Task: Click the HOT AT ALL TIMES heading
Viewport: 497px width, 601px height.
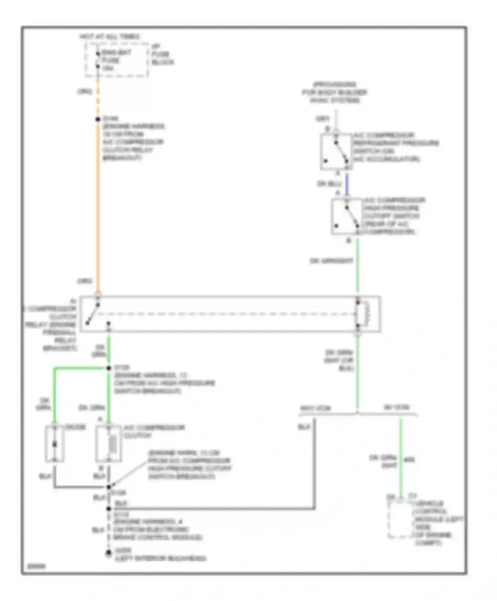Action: [x=110, y=36]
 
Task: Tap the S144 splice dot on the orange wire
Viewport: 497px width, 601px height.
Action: [x=98, y=119]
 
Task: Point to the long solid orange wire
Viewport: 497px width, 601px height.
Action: [x=98, y=205]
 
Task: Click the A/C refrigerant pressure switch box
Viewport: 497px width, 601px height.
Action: [x=336, y=152]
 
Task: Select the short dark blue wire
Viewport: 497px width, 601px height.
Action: [x=347, y=184]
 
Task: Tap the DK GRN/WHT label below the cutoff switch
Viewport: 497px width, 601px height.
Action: [x=331, y=261]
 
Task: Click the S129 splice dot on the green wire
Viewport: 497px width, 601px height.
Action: [x=109, y=368]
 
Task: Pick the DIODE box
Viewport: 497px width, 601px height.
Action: [x=55, y=444]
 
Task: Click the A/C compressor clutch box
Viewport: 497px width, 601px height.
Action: [x=109, y=444]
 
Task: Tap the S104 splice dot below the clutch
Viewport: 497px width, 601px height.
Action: [x=109, y=487]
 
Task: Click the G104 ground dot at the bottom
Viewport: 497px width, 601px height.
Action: [x=108, y=553]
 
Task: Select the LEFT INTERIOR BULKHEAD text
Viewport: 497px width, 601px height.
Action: [x=160, y=559]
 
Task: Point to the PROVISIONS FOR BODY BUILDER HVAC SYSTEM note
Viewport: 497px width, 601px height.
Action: [x=334, y=92]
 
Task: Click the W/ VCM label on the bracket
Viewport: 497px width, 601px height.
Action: [x=396, y=407]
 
